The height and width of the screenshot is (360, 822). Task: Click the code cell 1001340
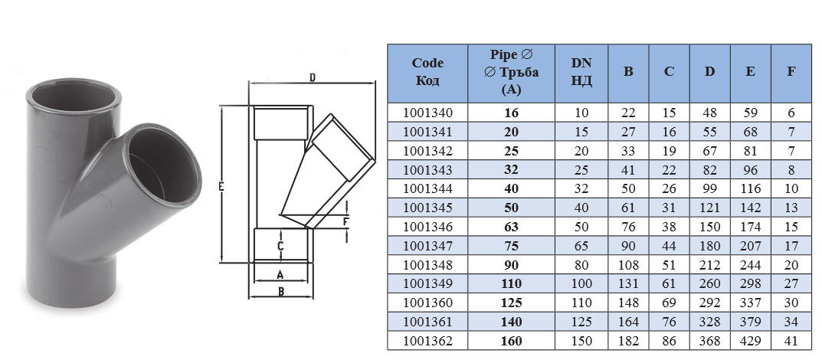(x=427, y=112)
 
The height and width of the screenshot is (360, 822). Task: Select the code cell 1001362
(x=427, y=341)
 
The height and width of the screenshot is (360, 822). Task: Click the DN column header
(x=581, y=72)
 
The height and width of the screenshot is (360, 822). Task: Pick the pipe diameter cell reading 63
(x=511, y=227)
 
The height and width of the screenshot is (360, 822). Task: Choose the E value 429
(x=750, y=341)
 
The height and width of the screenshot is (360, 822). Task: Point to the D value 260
(x=709, y=284)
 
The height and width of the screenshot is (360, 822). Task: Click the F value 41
(x=791, y=341)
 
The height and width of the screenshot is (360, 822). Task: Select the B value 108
(x=628, y=265)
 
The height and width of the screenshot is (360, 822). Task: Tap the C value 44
(x=669, y=246)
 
